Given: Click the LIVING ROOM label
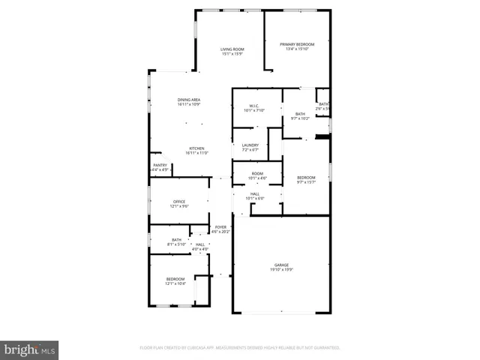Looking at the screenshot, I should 232,49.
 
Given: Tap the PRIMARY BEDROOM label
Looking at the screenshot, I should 297,44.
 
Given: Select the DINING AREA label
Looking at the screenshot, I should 189,100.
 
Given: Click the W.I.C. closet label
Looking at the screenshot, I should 255,106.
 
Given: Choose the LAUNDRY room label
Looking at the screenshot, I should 250,145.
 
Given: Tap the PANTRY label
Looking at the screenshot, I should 160,165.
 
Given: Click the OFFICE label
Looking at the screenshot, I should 178,201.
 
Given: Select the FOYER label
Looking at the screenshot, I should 221,226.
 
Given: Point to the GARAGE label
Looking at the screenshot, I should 281,265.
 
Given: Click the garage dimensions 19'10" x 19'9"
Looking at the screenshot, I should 281,270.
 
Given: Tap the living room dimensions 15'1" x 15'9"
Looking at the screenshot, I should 232,54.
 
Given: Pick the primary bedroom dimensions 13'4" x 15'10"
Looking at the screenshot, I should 297,49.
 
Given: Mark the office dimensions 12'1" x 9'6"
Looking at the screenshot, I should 178,206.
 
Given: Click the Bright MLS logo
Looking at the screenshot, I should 30,349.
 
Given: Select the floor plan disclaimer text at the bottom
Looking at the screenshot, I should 240,348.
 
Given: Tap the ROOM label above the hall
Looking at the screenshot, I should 257,173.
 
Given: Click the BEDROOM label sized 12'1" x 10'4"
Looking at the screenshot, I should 175,278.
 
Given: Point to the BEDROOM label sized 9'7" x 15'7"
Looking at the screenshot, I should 305,177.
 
